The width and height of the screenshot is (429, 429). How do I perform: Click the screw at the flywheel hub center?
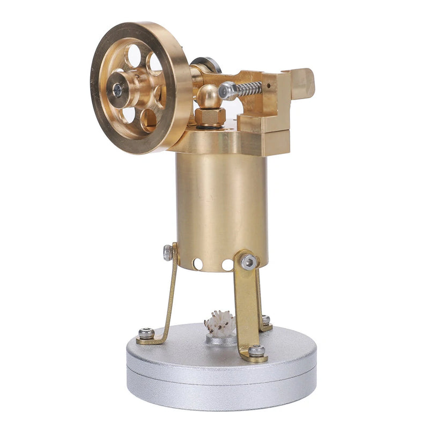click(x=117, y=89)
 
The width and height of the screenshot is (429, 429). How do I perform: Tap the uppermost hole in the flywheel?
click(x=134, y=55)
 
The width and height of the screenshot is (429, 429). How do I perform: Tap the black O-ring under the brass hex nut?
click(x=209, y=127)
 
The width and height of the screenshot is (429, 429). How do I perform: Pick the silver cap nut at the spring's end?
click(x=227, y=91)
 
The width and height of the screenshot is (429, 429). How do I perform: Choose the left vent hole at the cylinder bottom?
click(x=198, y=264)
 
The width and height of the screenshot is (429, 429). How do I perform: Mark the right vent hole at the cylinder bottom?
click(x=227, y=265)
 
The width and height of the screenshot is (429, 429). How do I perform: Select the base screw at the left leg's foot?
click(x=146, y=334)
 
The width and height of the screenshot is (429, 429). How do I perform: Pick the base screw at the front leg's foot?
click(x=256, y=351)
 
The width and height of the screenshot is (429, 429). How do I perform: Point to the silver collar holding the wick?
click(x=221, y=338)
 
